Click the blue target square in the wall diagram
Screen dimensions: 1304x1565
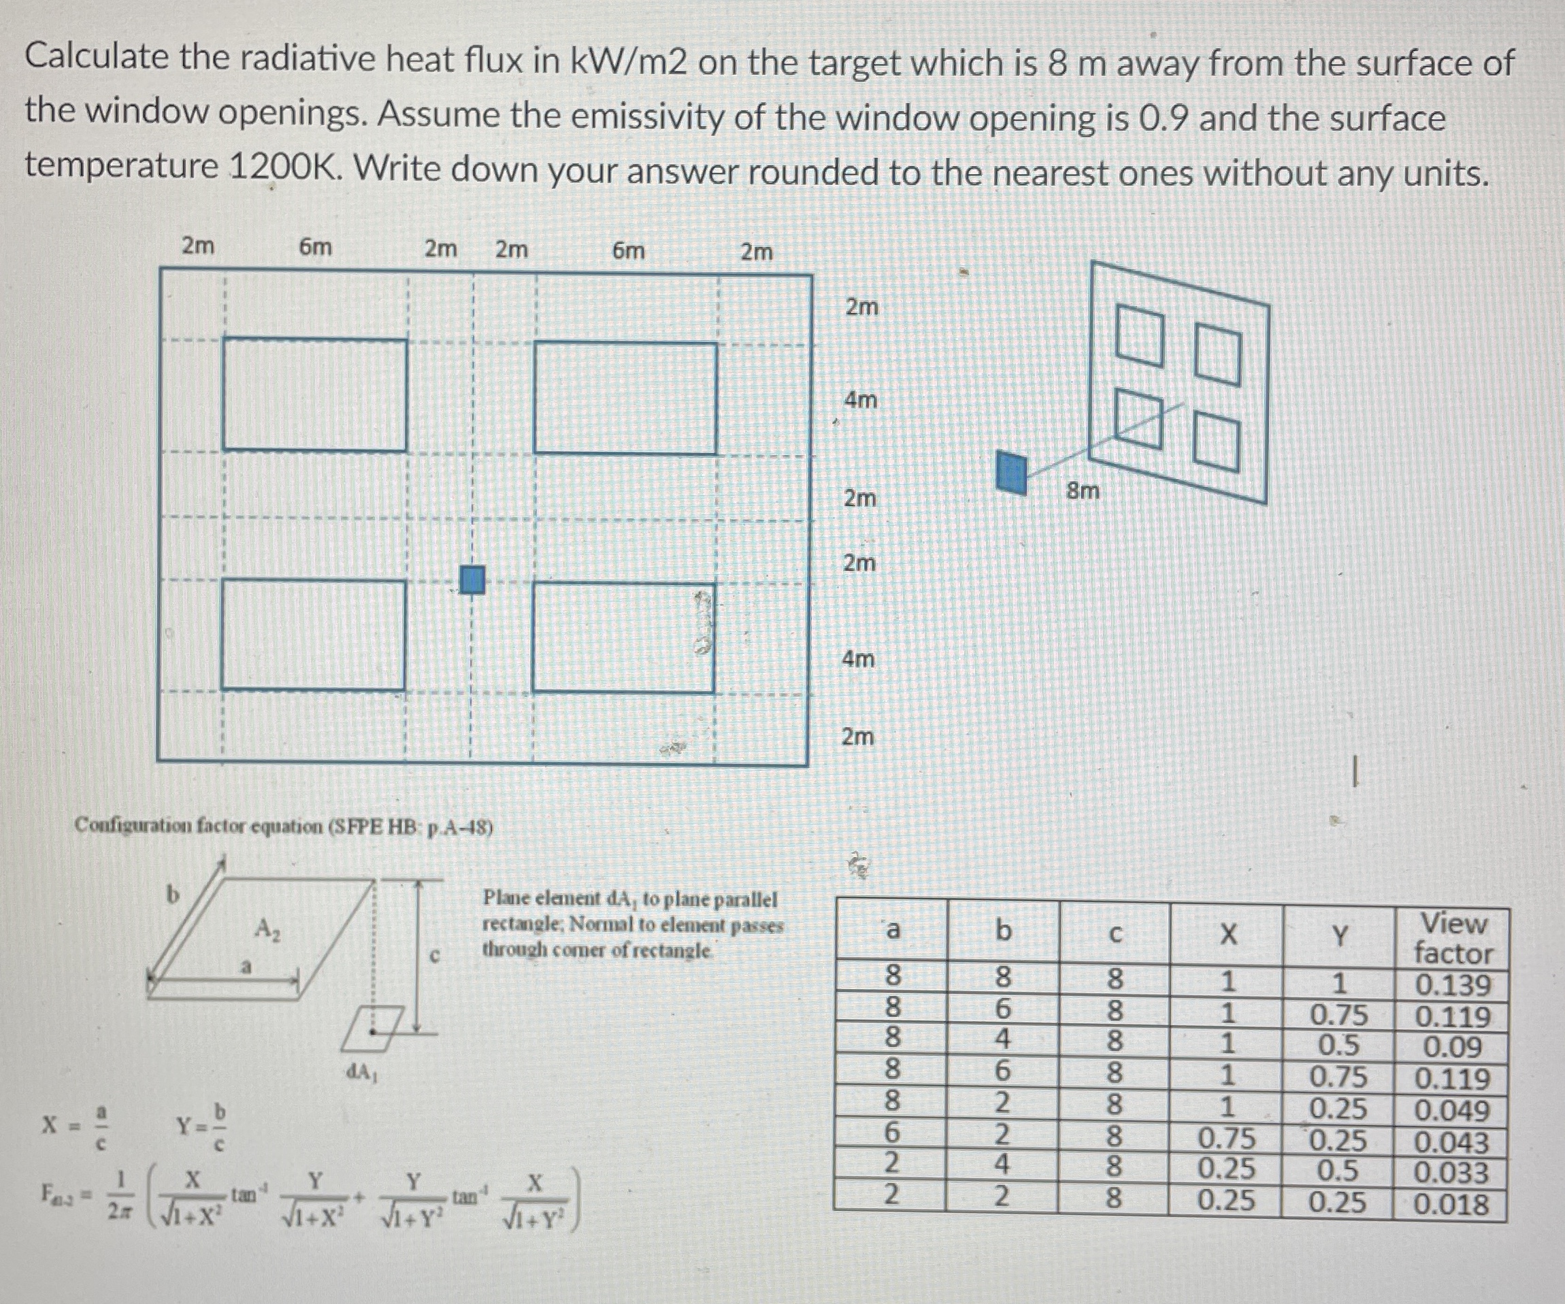click(x=472, y=580)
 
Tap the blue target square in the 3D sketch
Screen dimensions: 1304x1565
click(x=1011, y=473)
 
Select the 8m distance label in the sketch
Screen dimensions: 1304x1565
click(x=1082, y=491)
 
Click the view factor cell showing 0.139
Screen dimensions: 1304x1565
click(x=1452, y=985)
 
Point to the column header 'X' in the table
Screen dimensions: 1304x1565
click(x=1227, y=934)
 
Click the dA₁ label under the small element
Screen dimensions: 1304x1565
click(x=362, y=1072)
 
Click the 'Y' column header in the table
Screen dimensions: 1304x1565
click(x=1338, y=935)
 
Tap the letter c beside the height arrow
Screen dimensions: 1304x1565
click(x=436, y=954)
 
